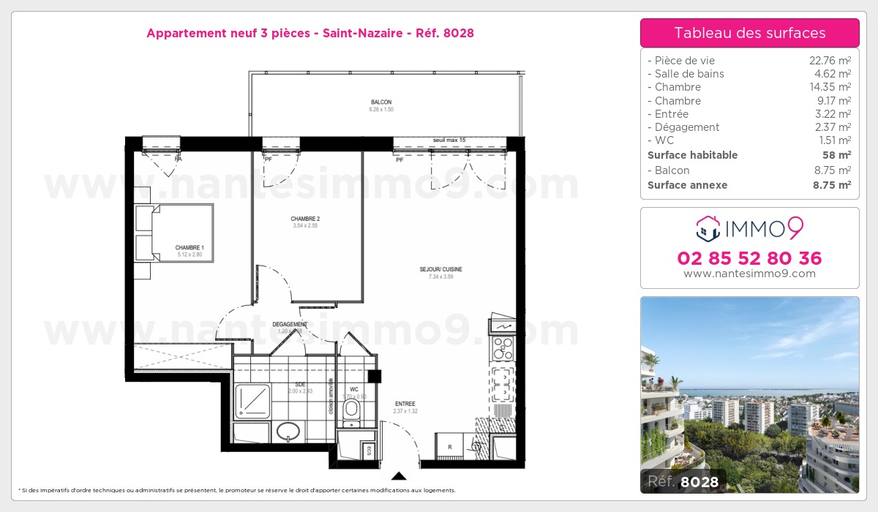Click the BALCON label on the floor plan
point(380,102)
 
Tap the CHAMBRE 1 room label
point(190,248)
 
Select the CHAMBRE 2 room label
point(305,219)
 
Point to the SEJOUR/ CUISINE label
point(440,269)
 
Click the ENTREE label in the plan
point(405,404)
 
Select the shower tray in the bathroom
point(252,400)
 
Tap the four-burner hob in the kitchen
point(503,348)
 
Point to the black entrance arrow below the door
point(399,475)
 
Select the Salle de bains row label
point(688,74)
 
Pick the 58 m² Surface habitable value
point(838,155)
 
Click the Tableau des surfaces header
point(749,33)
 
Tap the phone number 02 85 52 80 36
point(749,258)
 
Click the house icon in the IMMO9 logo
point(708,229)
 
